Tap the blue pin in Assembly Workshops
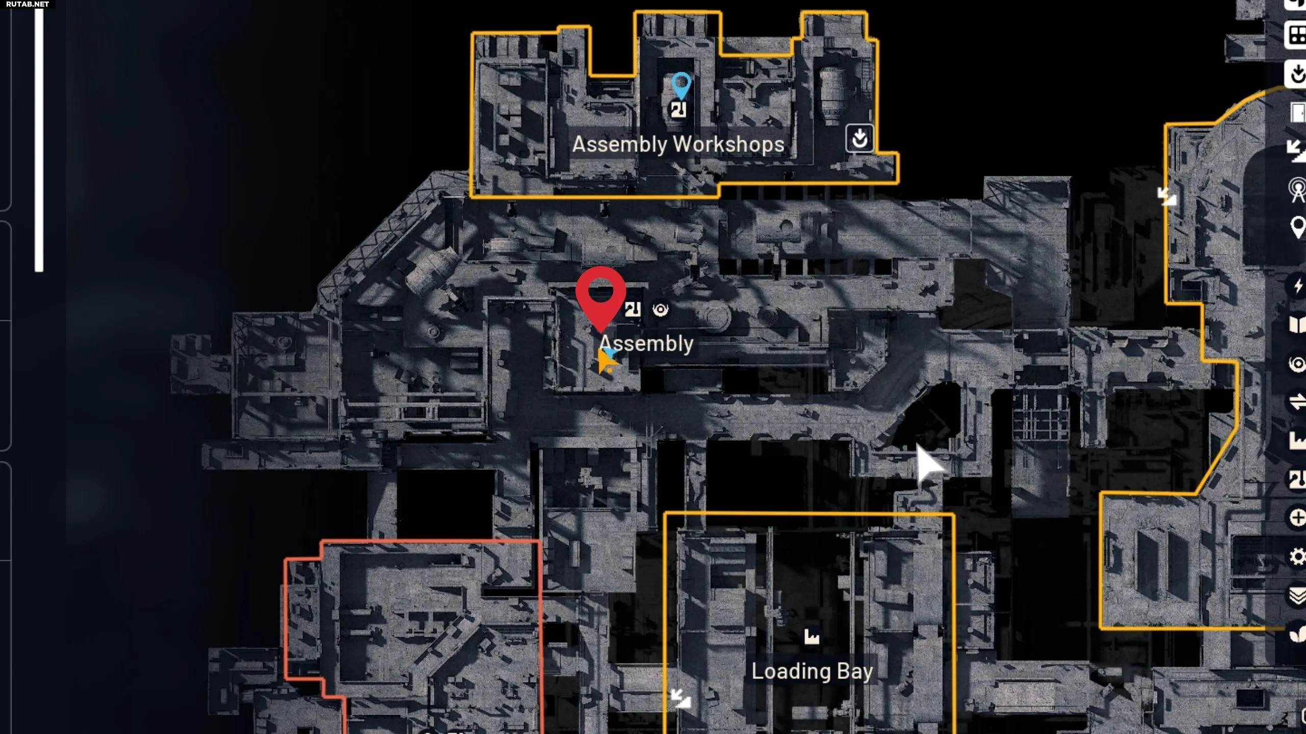click(x=681, y=85)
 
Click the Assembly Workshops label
click(x=678, y=144)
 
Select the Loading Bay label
click(x=812, y=671)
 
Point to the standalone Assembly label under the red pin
click(x=646, y=344)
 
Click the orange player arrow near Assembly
click(x=606, y=361)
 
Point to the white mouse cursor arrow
click(x=927, y=464)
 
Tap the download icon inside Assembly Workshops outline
click(x=860, y=138)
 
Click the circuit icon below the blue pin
click(x=678, y=110)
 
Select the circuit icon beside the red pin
click(x=633, y=309)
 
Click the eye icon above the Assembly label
click(x=661, y=309)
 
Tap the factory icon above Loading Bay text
click(x=812, y=637)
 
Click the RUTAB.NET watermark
click(x=28, y=4)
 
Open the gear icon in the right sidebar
click(x=1297, y=556)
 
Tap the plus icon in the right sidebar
click(x=1297, y=518)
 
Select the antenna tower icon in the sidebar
click(x=1297, y=190)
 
